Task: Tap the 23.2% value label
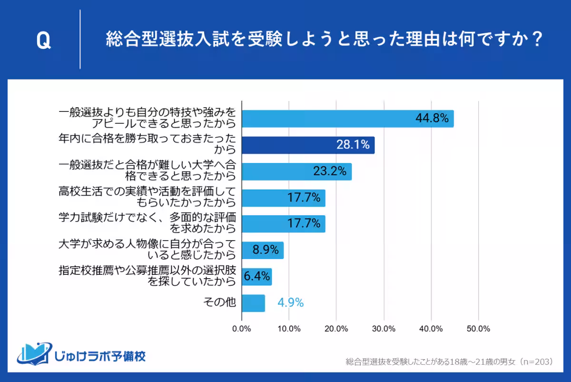[x=329, y=171]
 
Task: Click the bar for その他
[x=253, y=302]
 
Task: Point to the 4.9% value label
[x=290, y=302]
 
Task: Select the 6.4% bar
[x=256, y=276]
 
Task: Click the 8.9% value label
[x=263, y=250]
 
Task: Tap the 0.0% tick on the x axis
[x=242, y=329]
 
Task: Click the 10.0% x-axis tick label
[x=289, y=329]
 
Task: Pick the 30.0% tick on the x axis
[x=384, y=329]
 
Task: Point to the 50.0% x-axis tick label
[x=478, y=329]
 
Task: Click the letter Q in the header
[x=43, y=41]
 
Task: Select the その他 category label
[x=220, y=302]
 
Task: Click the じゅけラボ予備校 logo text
[x=101, y=356]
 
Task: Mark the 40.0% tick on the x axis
[x=431, y=329]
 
